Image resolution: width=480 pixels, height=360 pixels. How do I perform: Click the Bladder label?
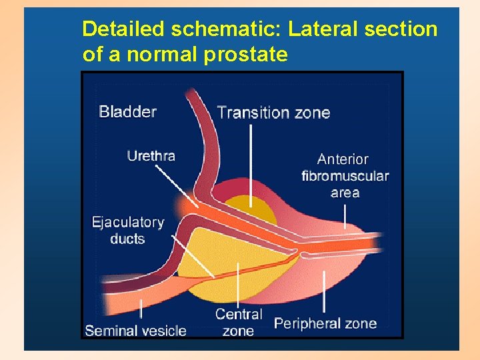click(128, 111)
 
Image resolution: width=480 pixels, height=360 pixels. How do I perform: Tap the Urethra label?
click(151, 156)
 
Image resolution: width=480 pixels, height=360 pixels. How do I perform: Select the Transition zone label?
click(273, 112)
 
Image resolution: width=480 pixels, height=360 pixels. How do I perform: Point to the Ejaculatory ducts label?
click(128, 230)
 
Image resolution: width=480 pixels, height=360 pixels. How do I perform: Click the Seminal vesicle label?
click(135, 330)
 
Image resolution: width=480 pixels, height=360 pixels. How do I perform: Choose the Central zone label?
click(239, 322)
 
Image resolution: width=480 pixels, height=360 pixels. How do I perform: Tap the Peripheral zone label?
click(325, 324)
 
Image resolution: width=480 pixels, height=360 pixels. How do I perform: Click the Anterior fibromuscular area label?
click(345, 176)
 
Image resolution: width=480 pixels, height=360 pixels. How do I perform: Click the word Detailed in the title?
click(124, 29)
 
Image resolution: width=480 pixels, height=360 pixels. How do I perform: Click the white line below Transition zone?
click(251, 163)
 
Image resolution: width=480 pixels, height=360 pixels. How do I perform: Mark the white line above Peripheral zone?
click(324, 291)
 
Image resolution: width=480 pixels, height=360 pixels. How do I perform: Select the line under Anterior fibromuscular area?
click(345, 215)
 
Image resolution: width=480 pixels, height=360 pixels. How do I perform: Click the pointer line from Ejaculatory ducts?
click(193, 257)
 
